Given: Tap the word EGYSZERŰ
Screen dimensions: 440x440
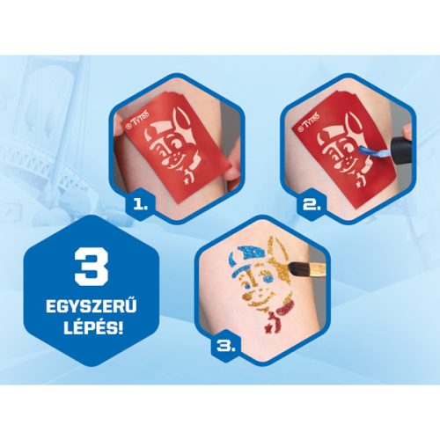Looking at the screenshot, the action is [x=92, y=307].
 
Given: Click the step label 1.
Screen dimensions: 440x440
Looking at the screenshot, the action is [x=140, y=205].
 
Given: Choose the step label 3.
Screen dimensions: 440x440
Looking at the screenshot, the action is [x=226, y=347].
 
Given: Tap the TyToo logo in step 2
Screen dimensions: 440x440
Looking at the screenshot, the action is [x=308, y=121].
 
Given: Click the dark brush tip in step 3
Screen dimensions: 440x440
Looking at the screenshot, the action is [x=296, y=269].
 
